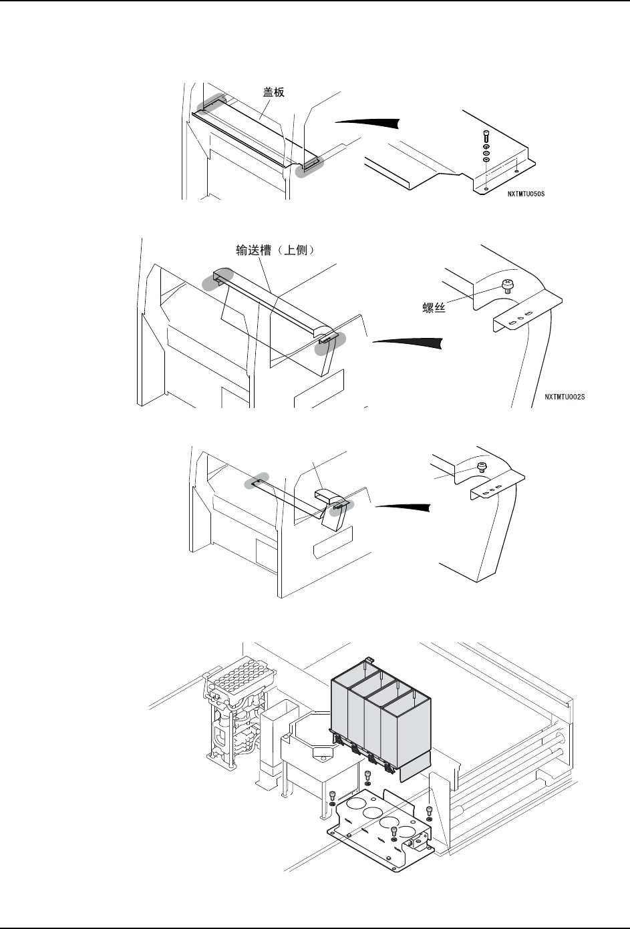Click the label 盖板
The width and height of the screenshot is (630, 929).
[273, 92]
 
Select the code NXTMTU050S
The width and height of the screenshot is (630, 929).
[530, 194]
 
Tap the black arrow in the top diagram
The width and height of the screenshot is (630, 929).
[367, 122]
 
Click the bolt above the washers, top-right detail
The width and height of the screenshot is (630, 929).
[486, 135]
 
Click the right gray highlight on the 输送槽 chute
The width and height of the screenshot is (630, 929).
[332, 341]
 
